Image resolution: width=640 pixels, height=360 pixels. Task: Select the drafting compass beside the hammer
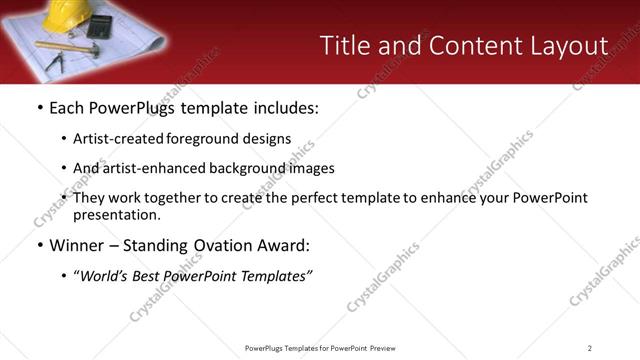click(57, 62)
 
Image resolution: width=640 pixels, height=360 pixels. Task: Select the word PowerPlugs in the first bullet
click(131, 108)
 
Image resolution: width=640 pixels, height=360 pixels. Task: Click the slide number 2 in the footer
click(590, 348)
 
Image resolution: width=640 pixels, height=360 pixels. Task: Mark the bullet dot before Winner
click(39, 246)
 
